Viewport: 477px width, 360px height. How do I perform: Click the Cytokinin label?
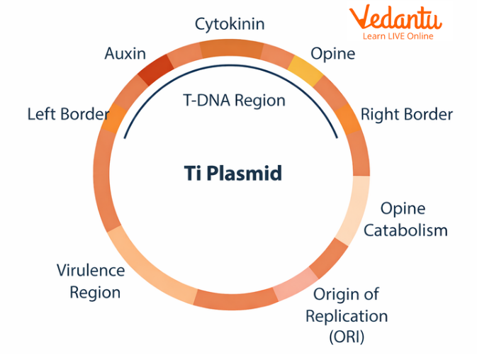pyautogui.click(x=230, y=24)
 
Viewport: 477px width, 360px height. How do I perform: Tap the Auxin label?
pyautogui.click(x=125, y=53)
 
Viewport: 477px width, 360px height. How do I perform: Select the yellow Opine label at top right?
pyautogui.click(x=333, y=54)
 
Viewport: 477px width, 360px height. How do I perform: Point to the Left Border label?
pyautogui.click(x=68, y=114)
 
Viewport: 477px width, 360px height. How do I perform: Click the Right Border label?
pyautogui.click(x=406, y=114)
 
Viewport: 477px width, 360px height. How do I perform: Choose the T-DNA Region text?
pyautogui.click(x=234, y=100)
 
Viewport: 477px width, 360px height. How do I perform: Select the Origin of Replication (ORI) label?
pyautogui.click(x=346, y=315)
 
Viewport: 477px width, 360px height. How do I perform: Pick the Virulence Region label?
pyautogui.click(x=90, y=281)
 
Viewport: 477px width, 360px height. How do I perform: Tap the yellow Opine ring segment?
pyautogui.click(x=305, y=69)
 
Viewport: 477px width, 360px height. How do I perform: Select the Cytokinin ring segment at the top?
pyautogui.click(x=231, y=48)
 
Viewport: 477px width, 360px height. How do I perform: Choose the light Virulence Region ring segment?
pyautogui.click(x=149, y=270)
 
